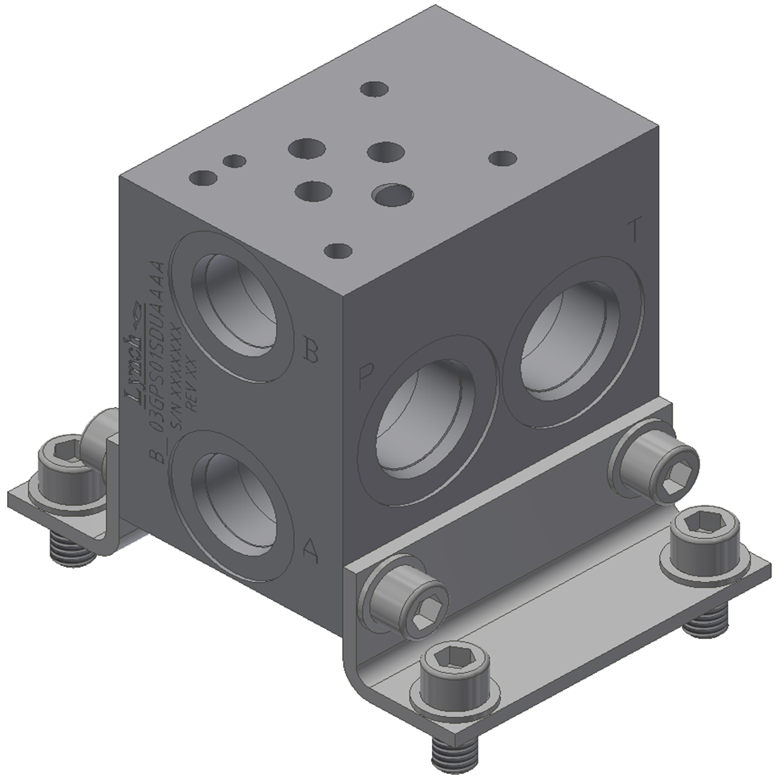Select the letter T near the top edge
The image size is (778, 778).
tap(634, 231)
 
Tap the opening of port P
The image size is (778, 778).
tap(426, 422)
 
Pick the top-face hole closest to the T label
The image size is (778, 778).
tap(502, 158)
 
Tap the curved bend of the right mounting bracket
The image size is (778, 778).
tap(353, 658)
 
